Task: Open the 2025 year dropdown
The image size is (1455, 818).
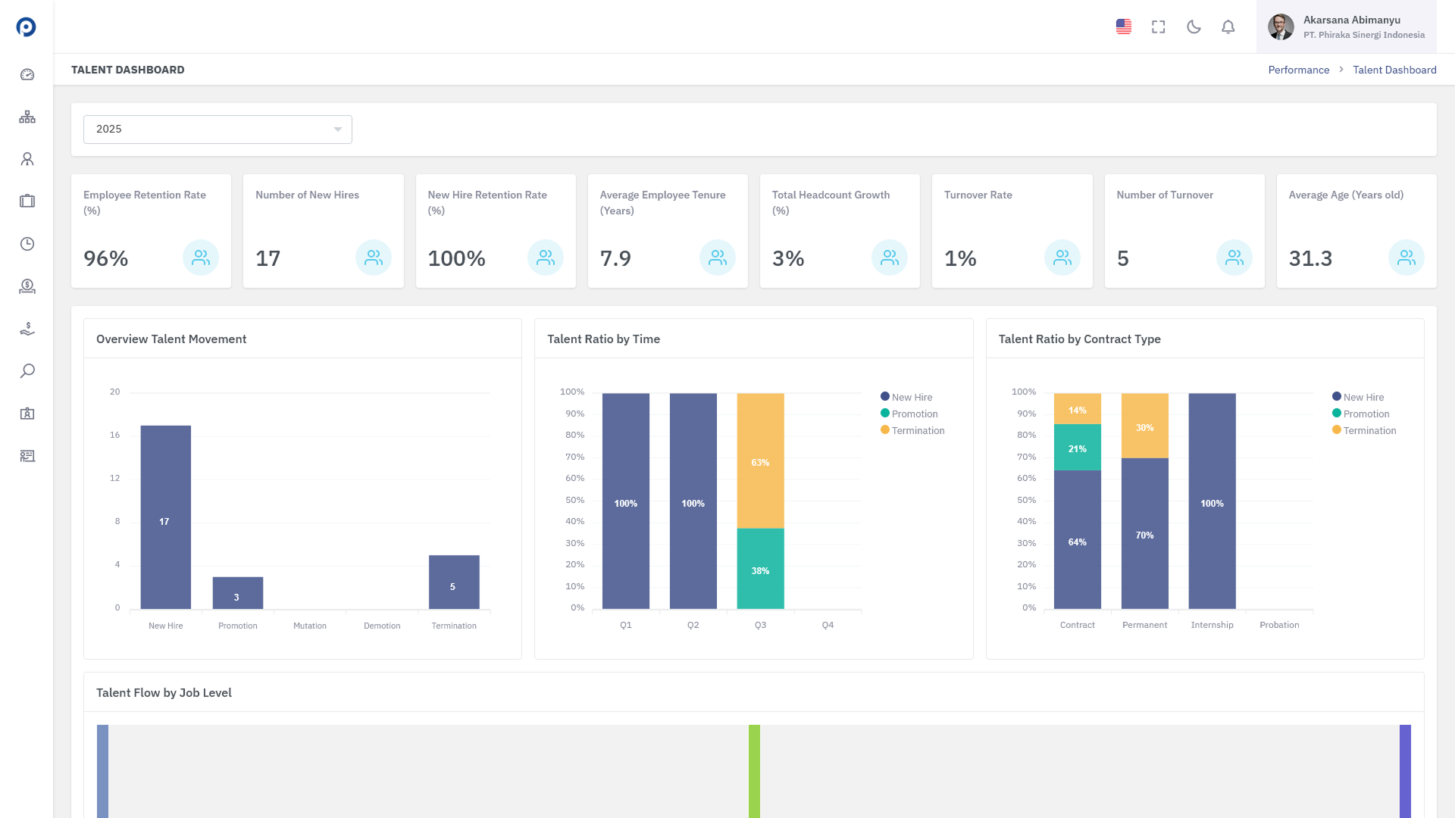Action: (217, 130)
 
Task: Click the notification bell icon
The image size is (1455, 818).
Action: (1228, 27)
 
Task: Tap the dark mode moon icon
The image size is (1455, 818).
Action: (1194, 27)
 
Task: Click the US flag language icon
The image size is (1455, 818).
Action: (1124, 27)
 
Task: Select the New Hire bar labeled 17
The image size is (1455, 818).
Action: (166, 517)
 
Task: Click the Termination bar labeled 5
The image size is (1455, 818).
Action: (454, 582)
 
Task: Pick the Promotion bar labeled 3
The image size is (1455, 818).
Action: (238, 593)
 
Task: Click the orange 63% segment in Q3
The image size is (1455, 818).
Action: (760, 461)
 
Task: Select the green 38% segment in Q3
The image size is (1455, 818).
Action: (760, 569)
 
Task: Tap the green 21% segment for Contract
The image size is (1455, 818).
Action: (1077, 448)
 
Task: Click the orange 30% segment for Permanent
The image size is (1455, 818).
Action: (1144, 426)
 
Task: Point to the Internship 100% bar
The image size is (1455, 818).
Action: (1212, 501)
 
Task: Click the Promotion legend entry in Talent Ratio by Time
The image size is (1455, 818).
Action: (909, 414)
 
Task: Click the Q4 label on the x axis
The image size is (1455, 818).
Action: (828, 625)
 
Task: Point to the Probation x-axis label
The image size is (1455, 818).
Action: (1279, 625)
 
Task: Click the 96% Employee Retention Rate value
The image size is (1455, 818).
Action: (106, 258)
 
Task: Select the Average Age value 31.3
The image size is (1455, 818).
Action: (1310, 258)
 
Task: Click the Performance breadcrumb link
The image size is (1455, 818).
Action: (1299, 70)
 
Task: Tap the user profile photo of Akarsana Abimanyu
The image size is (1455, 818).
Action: (1281, 27)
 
